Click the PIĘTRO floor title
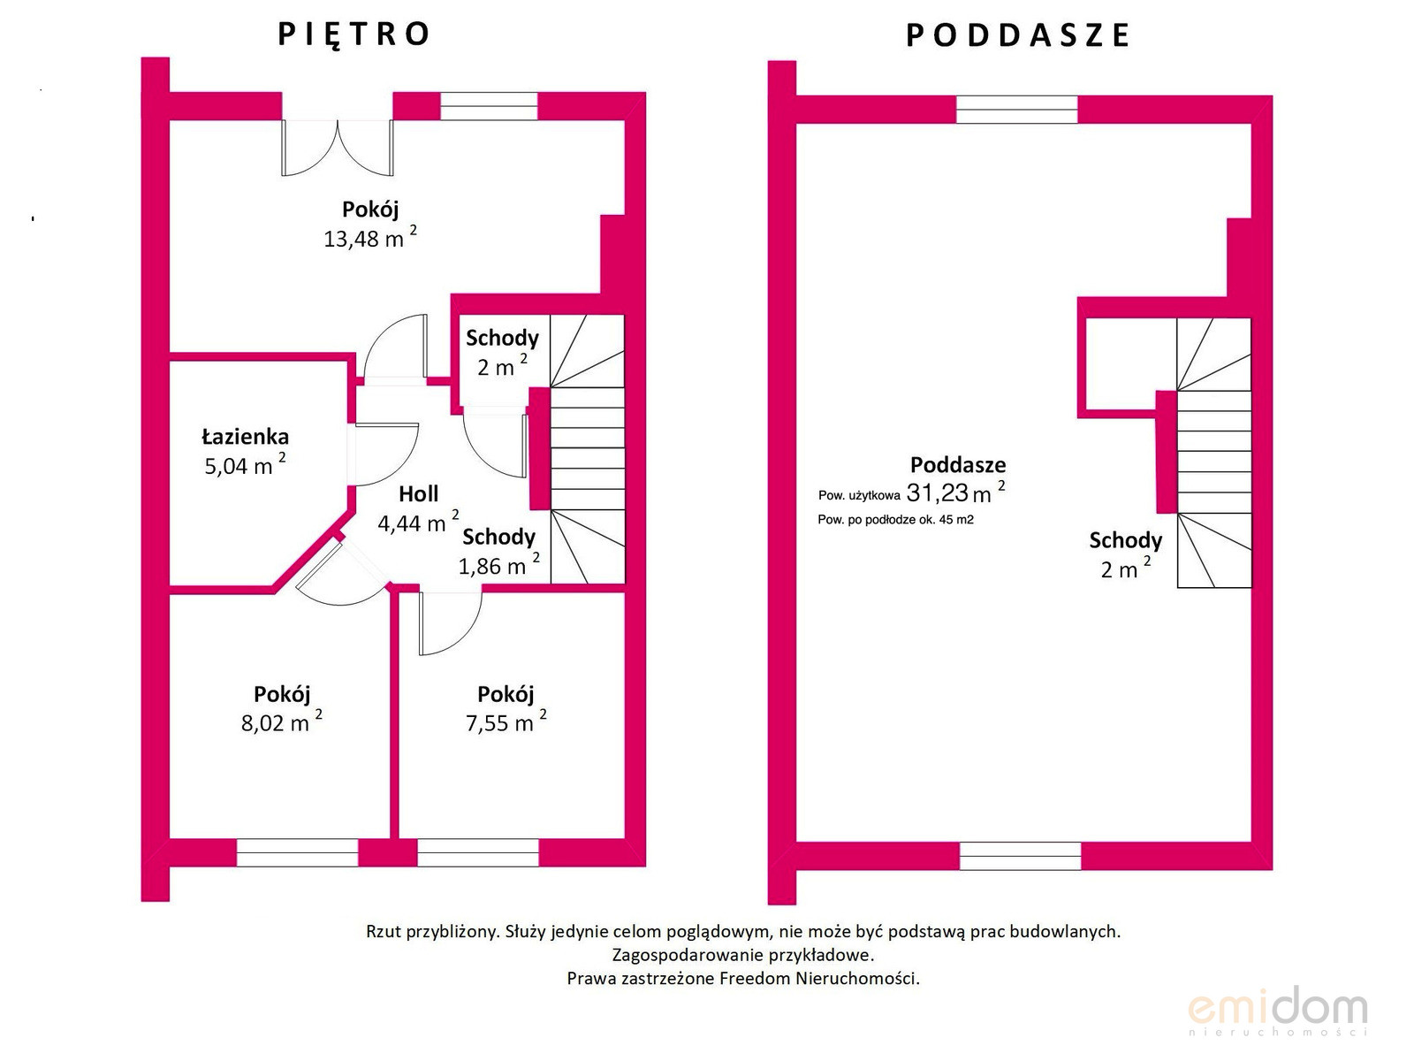pos(353,34)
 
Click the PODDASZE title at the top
pos(1017,35)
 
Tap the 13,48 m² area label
pos(369,238)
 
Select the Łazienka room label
pos(246,437)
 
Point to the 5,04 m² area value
pos(245,464)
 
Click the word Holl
pos(419,494)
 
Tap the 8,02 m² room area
pos(282,721)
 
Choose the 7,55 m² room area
pos(506,721)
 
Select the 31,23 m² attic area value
pos(955,492)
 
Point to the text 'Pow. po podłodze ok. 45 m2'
pos(895,519)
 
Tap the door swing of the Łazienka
pos(384,454)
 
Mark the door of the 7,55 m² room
pos(451,623)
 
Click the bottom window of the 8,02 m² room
pos(297,852)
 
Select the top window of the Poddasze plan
pos(1016,110)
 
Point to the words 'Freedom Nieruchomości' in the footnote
pos(818,979)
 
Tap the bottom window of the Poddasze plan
pos(1021,856)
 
